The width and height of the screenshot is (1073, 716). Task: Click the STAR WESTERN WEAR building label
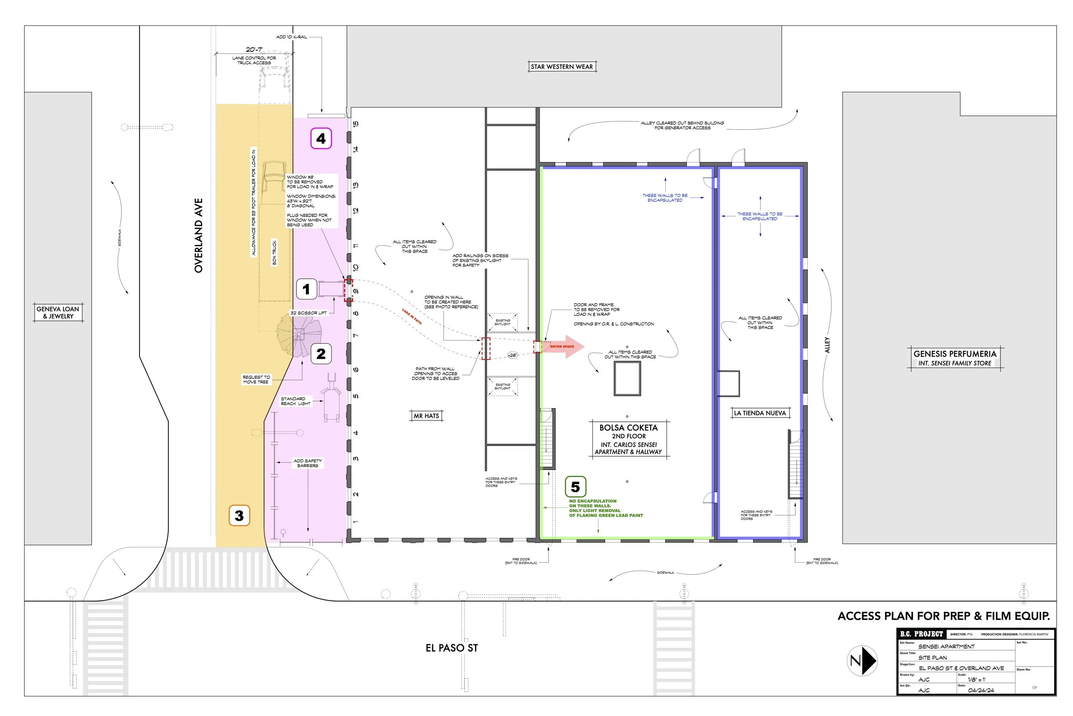coord(561,67)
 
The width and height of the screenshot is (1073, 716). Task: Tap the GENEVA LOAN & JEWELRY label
coord(58,312)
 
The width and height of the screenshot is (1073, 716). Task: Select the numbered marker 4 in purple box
coord(321,138)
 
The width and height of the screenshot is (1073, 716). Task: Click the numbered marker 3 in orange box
coord(239,515)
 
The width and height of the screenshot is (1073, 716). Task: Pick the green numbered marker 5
coord(575,487)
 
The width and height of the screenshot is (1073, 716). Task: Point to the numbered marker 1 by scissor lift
coord(306,289)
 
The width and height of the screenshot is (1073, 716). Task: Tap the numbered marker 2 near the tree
coord(321,353)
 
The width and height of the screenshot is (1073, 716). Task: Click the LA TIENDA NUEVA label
coord(760,413)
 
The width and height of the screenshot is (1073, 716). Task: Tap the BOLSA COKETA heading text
coord(628,428)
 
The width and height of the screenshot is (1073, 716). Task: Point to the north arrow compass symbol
coord(862,660)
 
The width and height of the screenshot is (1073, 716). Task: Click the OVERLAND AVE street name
coord(198,236)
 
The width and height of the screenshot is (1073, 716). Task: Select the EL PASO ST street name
coord(452,648)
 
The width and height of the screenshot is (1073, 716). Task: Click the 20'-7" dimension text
coord(254,49)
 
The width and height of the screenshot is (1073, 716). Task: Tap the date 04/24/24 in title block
coord(981,690)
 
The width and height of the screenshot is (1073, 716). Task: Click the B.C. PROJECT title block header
coord(921,634)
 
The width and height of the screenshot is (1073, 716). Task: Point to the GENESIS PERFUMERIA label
coord(955,354)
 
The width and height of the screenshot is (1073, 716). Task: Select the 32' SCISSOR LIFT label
coord(309,313)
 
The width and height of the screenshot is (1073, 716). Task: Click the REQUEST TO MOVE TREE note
coord(256,379)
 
